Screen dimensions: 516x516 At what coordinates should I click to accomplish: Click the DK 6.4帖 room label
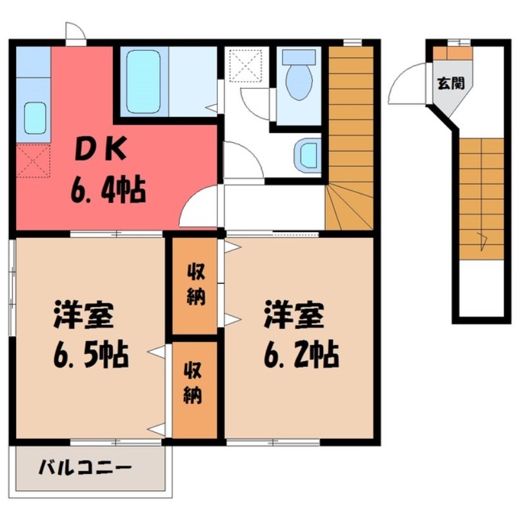pos(106,171)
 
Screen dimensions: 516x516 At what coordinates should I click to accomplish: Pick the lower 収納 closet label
pos(194,382)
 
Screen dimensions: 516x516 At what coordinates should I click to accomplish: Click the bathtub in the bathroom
pos(144,83)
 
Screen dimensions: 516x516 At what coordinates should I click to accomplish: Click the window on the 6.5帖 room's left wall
pos(12,287)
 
